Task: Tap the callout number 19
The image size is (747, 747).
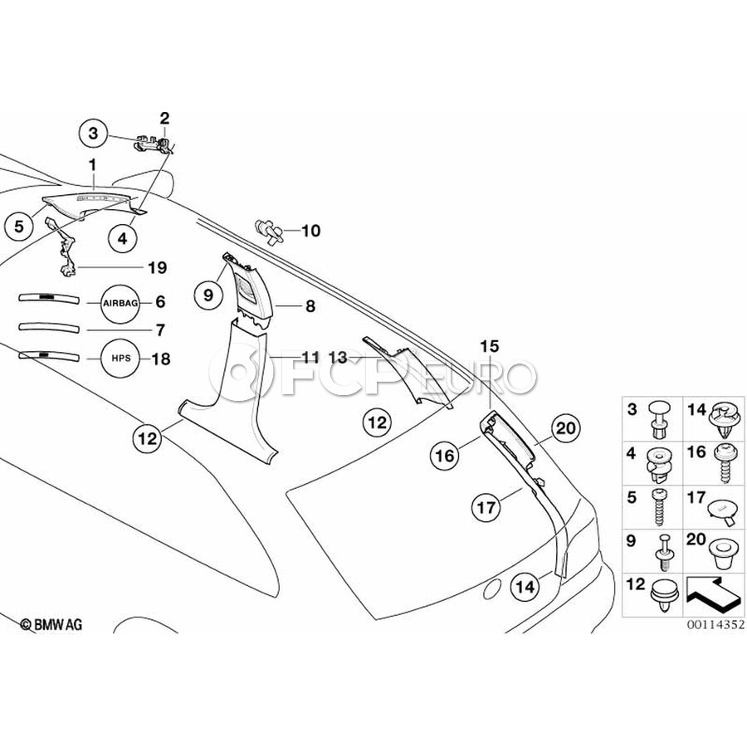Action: [x=157, y=267]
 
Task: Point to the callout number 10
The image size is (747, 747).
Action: [x=310, y=230]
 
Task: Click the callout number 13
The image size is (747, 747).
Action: [x=337, y=357]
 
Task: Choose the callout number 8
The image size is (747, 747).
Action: [x=310, y=306]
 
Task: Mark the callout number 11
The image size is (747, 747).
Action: [x=310, y=357]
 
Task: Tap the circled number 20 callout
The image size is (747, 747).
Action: [x=565, y=428]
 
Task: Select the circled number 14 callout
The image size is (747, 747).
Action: [x=525, y=586]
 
